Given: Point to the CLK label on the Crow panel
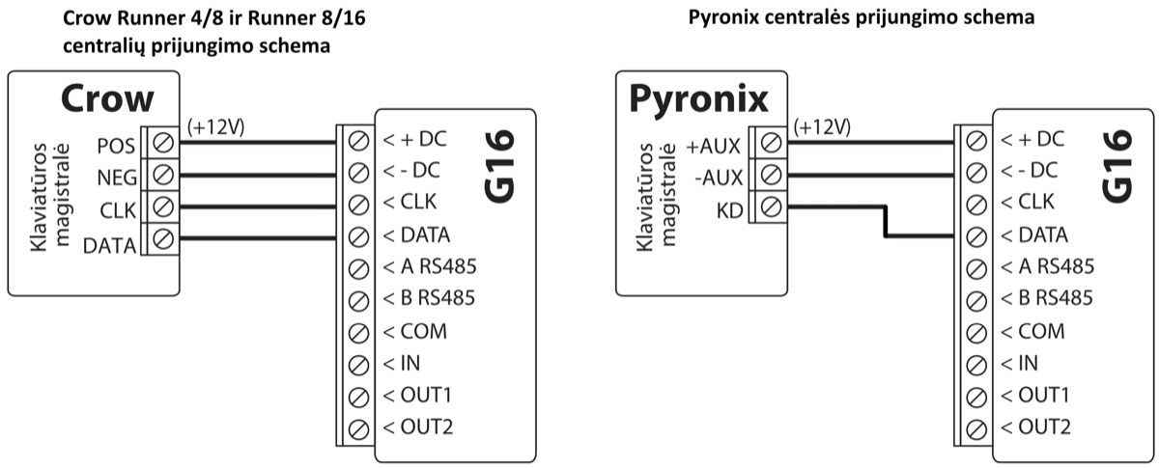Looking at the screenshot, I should [x=118, y=209].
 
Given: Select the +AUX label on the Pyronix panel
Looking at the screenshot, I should [x=713, y=147].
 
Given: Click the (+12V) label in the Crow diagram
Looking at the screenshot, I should [x=214, y=127].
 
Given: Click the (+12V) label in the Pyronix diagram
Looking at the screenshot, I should [x=822, y=127].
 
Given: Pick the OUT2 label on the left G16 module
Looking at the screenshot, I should [x=418, y=427].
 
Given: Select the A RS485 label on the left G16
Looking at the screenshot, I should [x=430, y=265].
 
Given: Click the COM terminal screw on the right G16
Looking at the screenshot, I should [x=975, y=331].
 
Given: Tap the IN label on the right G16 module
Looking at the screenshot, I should [x=1026, y=364].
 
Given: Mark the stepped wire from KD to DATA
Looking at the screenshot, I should [x=885, y=221].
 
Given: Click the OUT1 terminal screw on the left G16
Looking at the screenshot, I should [x=358, y=396].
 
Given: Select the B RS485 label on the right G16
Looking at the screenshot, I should [x=1047, y=298].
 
